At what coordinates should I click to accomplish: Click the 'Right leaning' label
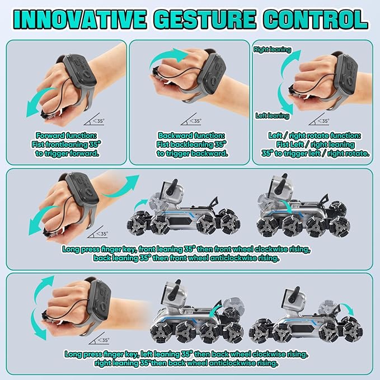(273, 50)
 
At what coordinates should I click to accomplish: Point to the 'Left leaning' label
(271, 116)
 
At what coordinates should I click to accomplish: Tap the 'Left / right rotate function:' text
(315, 136)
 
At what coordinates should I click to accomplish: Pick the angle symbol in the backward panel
(193, 119)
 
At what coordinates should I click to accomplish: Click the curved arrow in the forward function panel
(34, 105)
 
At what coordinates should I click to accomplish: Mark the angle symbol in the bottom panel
(101, 339)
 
